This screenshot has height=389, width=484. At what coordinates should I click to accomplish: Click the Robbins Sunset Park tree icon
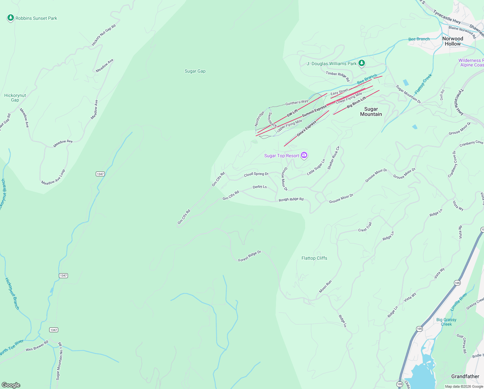pyautogui.click(x=11, y=18)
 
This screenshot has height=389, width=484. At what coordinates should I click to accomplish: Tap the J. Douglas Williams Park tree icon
pyautogui.click(x=362, y=63)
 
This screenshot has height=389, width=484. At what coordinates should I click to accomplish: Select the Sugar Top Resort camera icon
pyautogui.click(x=304, y=155)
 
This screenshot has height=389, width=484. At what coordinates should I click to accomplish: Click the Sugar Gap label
pyautogui.click(x=195, y=71)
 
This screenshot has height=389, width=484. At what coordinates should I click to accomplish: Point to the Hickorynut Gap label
pyautogui.click(x=15, y=98)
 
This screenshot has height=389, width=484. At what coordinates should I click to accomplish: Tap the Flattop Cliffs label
pyautogui.click(x=314, y=258)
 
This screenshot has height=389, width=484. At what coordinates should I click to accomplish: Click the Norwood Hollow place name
pyautogui.click(x=453, y=41)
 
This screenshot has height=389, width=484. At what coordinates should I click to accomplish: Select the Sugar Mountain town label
pyautogui.click(x=371, y=112)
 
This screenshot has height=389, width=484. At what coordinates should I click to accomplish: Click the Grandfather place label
pyautogui.click(x=465, y=376)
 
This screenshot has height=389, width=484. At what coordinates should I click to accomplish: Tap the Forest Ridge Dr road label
pyautogui.click(x=249, y=256)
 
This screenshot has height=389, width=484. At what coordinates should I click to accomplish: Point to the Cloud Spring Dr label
pyautogui.click(x=256, y=174)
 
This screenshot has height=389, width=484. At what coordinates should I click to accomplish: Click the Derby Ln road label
pyautogui.click(x=259, y=187)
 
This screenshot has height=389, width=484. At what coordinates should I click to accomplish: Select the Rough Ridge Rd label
pyautogui.click(x=291, y=199)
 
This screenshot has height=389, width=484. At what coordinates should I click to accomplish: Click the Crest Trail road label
pyautogui.click(x=365, y=227)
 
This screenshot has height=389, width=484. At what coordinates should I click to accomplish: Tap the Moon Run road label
pyautogui.click(x=325, y=287)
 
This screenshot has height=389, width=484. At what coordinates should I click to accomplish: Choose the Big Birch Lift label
pyautogui.click(x=356, y=102)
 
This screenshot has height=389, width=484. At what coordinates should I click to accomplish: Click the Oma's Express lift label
pyautogui.click(x=306, y=128)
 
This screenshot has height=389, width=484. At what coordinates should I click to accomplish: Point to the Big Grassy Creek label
pyautogui.click(x=446, y=322)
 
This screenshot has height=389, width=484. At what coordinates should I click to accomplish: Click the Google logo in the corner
pyautogui.click(x=11, y=385)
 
